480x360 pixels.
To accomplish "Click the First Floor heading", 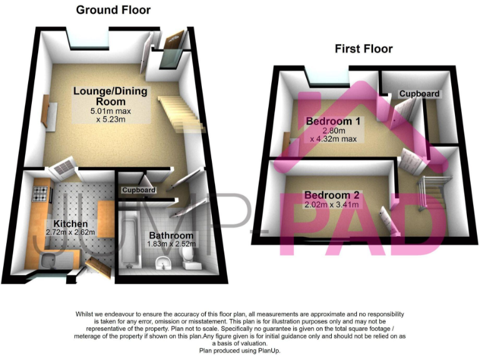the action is (x=363, y=49).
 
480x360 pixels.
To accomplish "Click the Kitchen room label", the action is (x=70, y=223).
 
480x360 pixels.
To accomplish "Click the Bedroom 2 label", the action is (x=328, y=194).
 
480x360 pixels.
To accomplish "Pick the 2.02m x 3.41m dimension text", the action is (x=332, y=204).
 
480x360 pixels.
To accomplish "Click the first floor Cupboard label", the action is (x=420, y=94).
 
